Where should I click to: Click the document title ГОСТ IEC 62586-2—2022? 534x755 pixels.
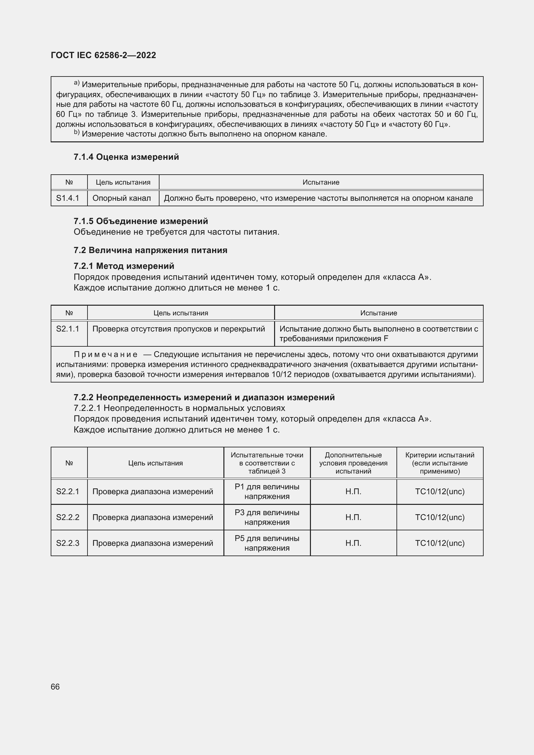[x=103, y=55]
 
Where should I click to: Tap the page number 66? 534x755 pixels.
[x=55, y=687]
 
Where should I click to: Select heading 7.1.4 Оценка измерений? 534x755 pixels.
[x=126, y=157]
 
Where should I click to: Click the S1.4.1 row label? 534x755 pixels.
[x=68, y=198]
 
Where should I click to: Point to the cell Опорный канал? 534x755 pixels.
[x=122, y=198]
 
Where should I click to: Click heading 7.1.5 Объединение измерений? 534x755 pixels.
[x=141, y=221]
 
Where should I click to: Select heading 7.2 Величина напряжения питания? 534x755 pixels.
[x=150, y=250]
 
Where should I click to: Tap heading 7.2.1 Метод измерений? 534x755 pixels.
[x=124, y=266]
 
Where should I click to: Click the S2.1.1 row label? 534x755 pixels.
[x=68, y=329]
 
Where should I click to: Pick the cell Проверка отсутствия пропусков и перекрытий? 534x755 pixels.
[x=179, y=329]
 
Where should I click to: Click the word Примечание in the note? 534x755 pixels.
[x=106, y=354]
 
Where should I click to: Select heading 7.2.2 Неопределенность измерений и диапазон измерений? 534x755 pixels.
[x=204, y=397]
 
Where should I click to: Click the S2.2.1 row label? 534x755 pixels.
[x=68, y=492]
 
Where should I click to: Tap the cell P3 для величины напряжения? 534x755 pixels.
[x=267, y=517]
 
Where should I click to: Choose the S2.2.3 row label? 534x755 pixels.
[x=68, y=543]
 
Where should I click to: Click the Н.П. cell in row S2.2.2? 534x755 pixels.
[x=354, y=517]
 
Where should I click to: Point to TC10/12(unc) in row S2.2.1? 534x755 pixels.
[x=440, y=492]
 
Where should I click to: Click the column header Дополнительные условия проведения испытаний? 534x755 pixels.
[x=354, y=463]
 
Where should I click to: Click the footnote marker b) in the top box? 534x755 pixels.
[x=77, y=133]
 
